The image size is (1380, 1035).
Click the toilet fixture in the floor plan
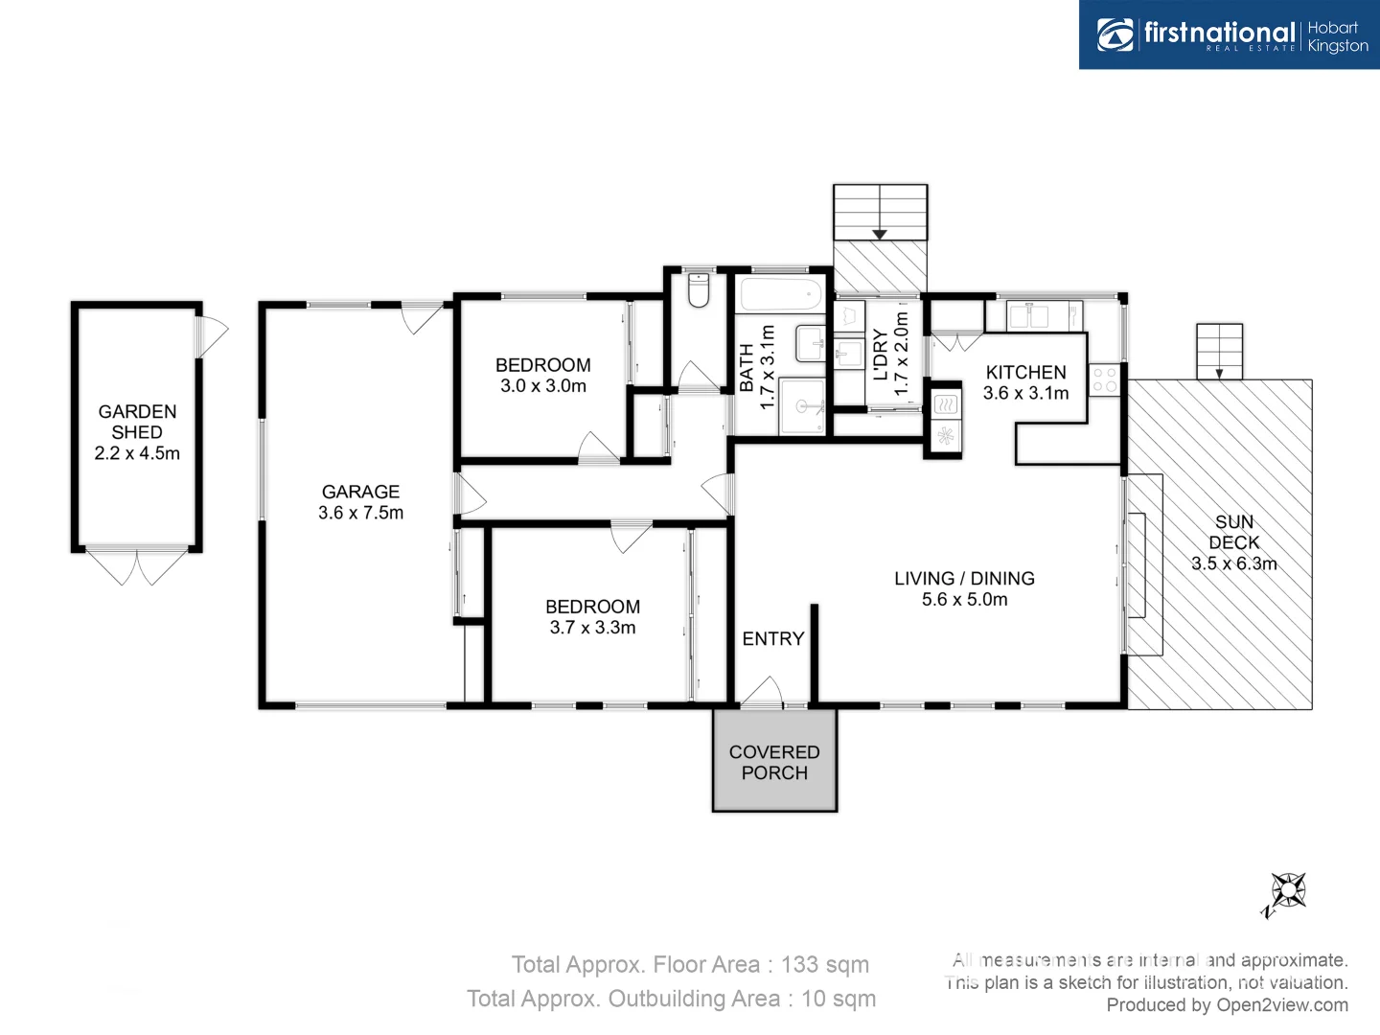[x=699, y=291]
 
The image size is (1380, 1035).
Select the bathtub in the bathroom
[x=780, y=295]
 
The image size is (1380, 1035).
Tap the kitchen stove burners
[x=1104, y=379]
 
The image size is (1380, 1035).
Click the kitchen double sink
[x=1029, y=315]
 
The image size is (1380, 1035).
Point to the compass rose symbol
[x=1287, y=891]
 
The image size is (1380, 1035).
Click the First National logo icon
[x=1115, y=35]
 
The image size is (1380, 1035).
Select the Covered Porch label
[x=774, y=763]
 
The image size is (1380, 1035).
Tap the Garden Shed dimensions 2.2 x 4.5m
[x=137, y=453]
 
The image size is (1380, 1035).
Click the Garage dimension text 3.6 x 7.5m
[x=360, y=513]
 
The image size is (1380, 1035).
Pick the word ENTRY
[x=772, y=638]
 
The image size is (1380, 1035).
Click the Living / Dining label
[x=964, y=578]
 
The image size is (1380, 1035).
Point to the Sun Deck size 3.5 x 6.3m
[x=1233, y=563]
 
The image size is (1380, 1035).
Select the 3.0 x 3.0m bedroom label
[x=542, y=386]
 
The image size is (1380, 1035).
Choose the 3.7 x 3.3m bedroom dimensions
[x=592, y=628]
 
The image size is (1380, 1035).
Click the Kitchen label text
[x=1025, y=372]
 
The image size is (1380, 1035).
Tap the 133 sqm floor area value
[x=824, y=964]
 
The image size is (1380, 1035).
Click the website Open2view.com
[x=1281, y=1004]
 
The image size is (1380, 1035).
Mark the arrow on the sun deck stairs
[x=1219, y=374]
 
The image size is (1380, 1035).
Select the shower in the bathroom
[x=802, y=406]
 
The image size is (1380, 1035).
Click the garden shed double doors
[x=136, y=565]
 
